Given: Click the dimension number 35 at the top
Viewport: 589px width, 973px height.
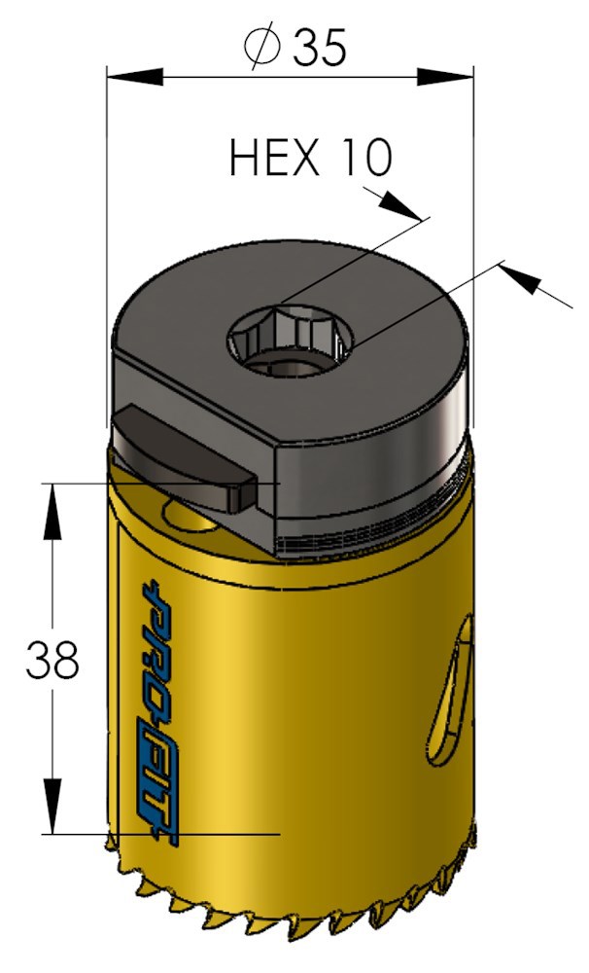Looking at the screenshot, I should pyautogui.click(x=320, y=48).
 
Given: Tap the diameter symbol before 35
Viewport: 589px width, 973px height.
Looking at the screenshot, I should pyautogui.click(x=263, y=48).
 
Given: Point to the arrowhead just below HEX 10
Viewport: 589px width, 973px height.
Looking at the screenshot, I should pyautogui.click(x=401, y=204).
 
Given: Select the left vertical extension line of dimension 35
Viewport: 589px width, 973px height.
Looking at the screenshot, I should pyautogui.click(x=106, y=243).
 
